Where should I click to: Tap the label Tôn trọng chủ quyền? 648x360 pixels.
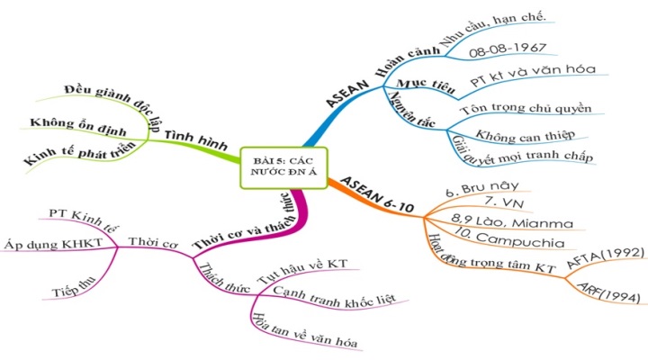point(525,109)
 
